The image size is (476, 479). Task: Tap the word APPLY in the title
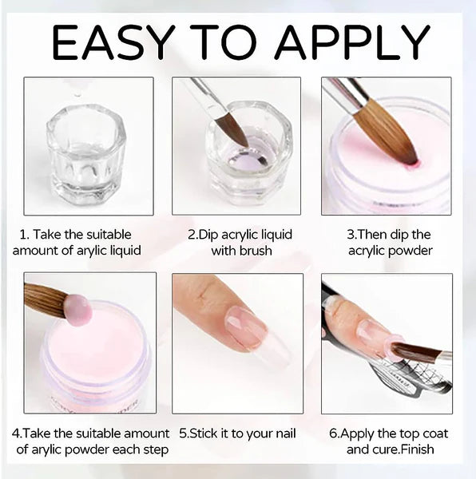coord(353,42)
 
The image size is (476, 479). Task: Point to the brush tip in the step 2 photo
coord(232,129)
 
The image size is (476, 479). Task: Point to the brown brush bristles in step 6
coord(416,352)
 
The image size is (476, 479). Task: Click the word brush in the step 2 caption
coord(256,251)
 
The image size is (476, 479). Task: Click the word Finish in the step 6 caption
coord(418,449)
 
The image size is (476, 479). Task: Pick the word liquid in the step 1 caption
coord(126,251)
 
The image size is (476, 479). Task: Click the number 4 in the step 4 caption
coord(16,433)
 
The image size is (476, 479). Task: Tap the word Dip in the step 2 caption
coord(208,236)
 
